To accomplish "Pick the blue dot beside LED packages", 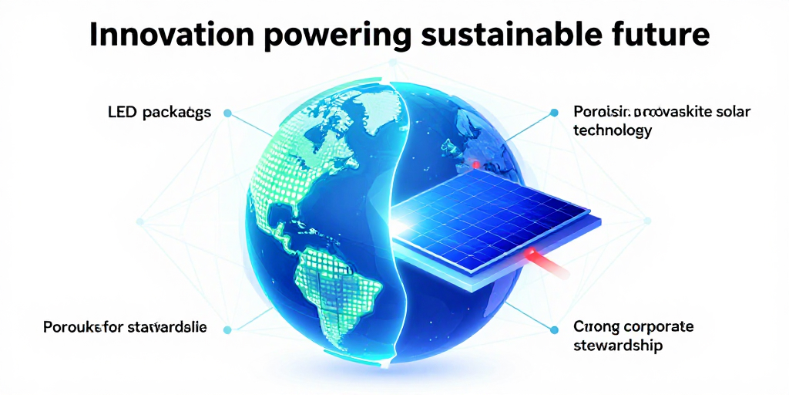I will pyautogui.click(x=227, y=113).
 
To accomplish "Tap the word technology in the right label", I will pyautogui.click(x=613, y=130).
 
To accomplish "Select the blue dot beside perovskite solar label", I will pyautogui.click(x=553, y=113).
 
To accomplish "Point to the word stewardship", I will pyautogui.click(x=618, y=345).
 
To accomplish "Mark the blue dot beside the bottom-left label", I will pyautogui.click(x=227, y=329).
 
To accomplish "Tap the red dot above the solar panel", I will pyautogui.click(x=476, y=164).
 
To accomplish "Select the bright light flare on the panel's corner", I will pyautogui.click(x=404, y=224).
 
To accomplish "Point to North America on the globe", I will pyautogui.click(x=297, y=166).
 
